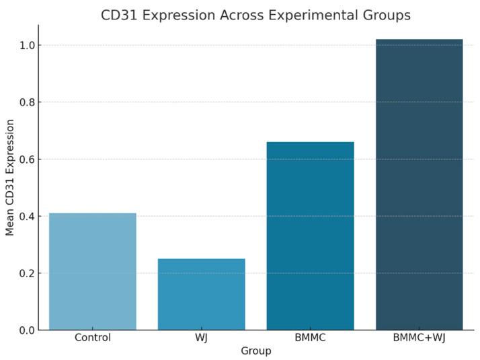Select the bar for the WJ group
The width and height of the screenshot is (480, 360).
[202, 294]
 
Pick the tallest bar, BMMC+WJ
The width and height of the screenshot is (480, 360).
[419, 184]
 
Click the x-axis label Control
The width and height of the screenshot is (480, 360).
[93, 338]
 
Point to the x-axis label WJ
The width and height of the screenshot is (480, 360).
[202, 338]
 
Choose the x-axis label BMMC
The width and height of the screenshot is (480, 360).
[310, 338]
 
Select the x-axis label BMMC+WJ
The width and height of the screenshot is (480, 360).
[419, 338]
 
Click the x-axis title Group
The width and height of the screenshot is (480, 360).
[256, 351]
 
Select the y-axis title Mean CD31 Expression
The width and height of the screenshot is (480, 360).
[10, 178]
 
